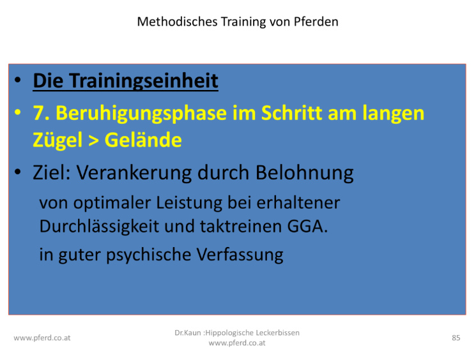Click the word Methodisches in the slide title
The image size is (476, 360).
(177, 22)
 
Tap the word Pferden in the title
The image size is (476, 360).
(316, 22)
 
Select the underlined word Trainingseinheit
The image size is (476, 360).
(144, 81)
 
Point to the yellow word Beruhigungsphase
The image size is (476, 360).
(141, 113)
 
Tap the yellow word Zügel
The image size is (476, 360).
(58, 140)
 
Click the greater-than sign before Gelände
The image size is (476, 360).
(93, 140)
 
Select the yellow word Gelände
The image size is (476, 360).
(143, 140)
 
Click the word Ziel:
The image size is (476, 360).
(52, 172)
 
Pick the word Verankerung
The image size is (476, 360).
(134, 173)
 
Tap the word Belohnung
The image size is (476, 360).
(305, 173)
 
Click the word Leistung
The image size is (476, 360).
(189, 203)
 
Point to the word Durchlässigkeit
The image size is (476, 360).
(99, 227)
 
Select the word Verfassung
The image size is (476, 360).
(240, 255)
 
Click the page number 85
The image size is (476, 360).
(456, 338)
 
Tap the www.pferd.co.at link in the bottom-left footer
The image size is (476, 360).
(42, 338)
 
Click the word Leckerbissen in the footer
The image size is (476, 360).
(277, 333)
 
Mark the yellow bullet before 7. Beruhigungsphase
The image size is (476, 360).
(18, 112)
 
